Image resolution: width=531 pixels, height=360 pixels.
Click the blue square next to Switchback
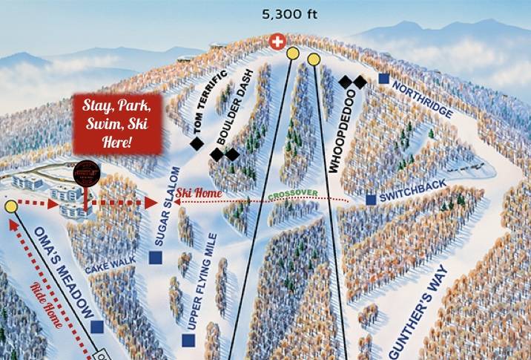point(371,200)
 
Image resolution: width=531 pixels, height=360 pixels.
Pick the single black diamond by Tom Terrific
point(197,144)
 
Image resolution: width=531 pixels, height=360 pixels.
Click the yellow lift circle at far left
point(10,206)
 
